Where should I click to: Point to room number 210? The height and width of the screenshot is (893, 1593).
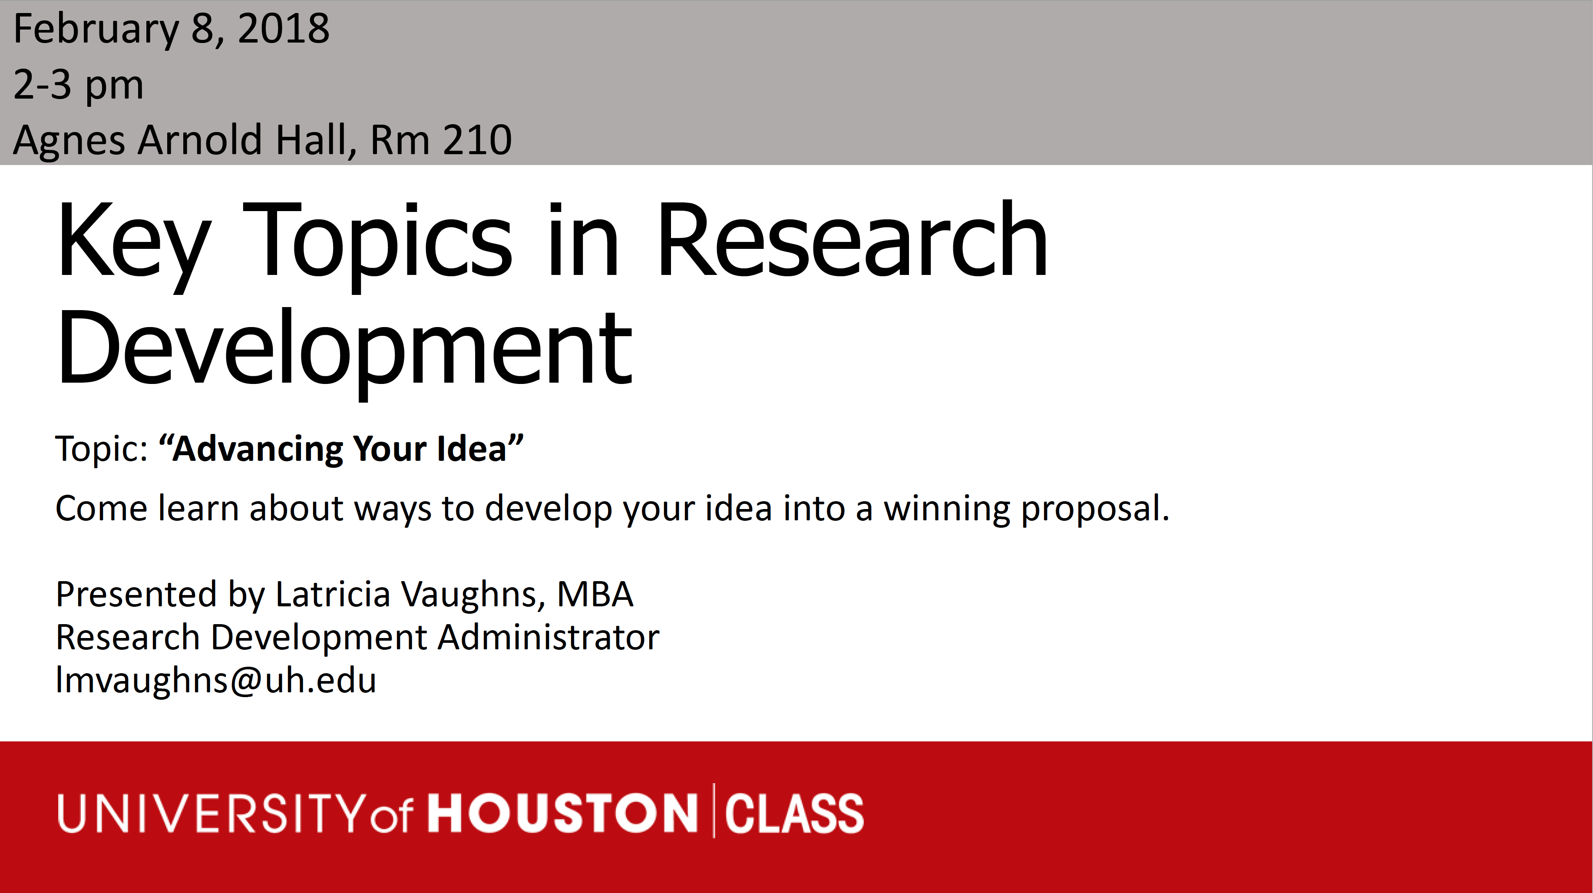(477, 140)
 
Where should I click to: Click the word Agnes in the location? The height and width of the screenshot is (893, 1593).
(68, 142)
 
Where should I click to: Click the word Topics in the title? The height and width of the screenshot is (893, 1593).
(377, 244)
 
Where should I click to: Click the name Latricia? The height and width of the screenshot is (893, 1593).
(333, 594)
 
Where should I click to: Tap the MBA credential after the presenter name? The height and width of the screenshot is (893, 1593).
(595, 594)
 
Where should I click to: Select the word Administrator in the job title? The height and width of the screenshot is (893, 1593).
(549, 638)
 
